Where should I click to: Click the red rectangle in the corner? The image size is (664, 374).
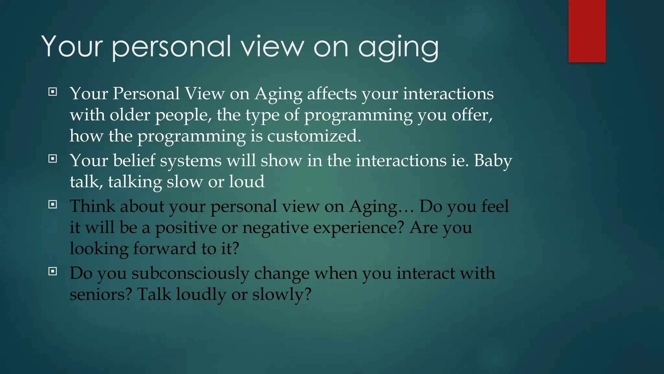pyautogui.click(x=587, y=31)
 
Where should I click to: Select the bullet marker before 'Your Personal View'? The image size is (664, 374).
pyautogui.click(x=53, y=92)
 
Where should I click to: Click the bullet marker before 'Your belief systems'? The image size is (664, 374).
pyautogui.click(x=53, y=159)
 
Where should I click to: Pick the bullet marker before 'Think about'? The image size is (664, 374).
pyautogui.click(x=53, y=205)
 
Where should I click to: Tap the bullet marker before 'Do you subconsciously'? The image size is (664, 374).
pyautogui.click(x=53, y=271)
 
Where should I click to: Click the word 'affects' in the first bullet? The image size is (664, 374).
pyautogui.click(x=332, y=94)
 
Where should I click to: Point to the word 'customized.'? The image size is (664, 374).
pyautogui.click(x=314, y=136)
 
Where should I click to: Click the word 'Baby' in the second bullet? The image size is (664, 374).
pyautogui.click(x=493, y=161)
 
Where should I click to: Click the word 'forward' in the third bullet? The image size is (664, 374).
pyautogui.click(x=165, y=249)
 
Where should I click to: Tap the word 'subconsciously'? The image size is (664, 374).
pyautogui.click(x=190, y=274)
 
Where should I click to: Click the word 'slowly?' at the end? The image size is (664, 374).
pyautogui.click(x=281, y=295)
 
